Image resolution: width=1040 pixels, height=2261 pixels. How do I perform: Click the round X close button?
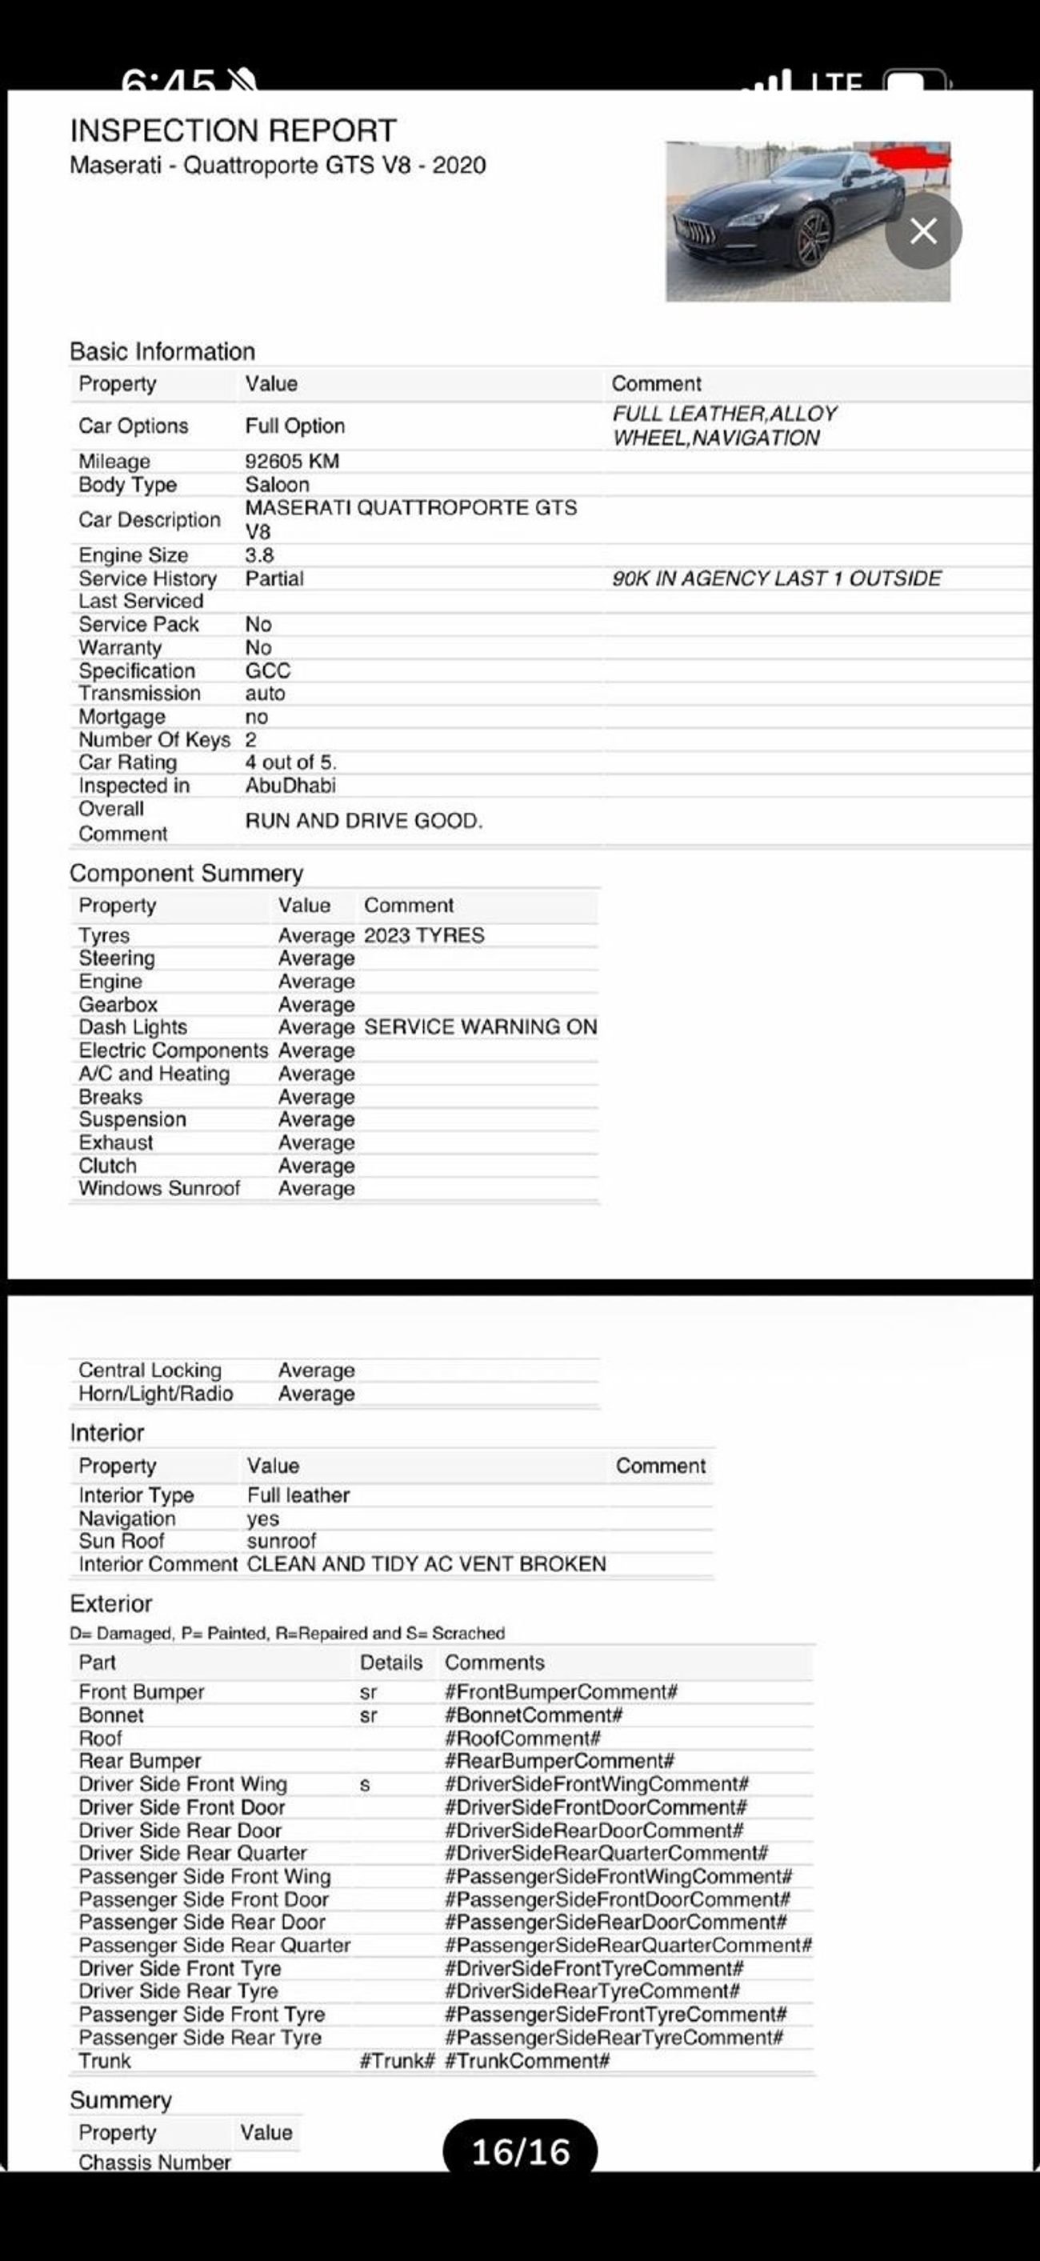coord(923,231)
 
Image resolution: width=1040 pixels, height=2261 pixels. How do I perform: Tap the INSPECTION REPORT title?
coord(233,130)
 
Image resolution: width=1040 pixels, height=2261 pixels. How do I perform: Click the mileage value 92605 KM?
coord(291,461)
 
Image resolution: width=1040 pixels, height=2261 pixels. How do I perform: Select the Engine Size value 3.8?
coord(259,554)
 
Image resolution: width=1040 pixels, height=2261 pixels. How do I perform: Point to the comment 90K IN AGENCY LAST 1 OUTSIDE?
coord(776,578)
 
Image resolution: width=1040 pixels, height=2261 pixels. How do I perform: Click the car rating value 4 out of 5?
coord(290,762)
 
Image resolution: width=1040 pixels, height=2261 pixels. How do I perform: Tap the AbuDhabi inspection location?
coord(290,786)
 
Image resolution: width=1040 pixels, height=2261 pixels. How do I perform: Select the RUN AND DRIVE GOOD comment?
coord(363,821)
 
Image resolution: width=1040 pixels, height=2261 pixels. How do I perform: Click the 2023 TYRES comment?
coord(424,934)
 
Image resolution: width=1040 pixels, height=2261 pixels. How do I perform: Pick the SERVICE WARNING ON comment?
coord(480,1027)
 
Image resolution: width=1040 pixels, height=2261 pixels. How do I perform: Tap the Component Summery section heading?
coord(186,874)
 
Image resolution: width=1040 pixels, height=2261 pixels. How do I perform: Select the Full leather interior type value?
coord(298,1495)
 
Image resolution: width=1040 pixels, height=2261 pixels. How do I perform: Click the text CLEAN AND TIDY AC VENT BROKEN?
coord(426,1564)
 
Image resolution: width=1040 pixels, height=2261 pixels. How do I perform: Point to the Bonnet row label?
coord(110,1715)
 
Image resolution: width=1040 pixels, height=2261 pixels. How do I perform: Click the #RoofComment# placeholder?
coord(522,1738)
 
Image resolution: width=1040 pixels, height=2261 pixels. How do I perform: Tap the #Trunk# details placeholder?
coord(397,2061)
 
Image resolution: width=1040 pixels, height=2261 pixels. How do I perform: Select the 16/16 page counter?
coord(521,2151)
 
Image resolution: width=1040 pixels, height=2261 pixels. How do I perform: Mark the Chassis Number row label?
coord(154,2162)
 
